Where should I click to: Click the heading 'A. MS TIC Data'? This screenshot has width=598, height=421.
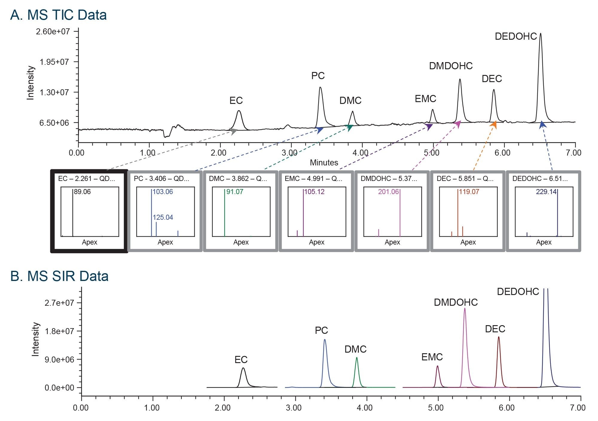tap(58, 15)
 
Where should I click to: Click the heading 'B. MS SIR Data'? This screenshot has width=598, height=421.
tap(59, 276)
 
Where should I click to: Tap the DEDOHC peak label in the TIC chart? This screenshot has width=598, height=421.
tap(516, 36)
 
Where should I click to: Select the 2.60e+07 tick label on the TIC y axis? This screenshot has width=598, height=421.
tap(53, 31)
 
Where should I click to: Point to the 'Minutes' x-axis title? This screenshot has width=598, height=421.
tap(324, 163)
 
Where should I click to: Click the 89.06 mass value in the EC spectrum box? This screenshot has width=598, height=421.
tap(82, 192)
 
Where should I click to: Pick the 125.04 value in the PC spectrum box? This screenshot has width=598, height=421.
tap(163, 217)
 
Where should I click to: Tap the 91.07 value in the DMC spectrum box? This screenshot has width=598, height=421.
tap(235, 192)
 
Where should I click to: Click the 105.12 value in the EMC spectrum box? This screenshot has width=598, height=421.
tap(314, 192)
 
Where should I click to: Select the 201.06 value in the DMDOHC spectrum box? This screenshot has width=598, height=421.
tap(388, 192)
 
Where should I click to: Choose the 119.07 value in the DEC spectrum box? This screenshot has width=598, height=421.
tap(469, 192)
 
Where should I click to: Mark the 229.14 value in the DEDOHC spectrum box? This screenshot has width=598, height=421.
tap(546, 192)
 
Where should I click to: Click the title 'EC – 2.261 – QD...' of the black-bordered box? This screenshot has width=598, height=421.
tap(86, 179)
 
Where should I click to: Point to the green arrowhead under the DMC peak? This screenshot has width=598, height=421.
tap(350, 128)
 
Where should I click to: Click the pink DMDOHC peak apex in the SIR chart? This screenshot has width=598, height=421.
tap(465, 309)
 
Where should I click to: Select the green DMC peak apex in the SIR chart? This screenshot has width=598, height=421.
tap(357, 358)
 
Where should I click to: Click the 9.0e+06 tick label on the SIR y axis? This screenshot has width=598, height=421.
tap(59, 359)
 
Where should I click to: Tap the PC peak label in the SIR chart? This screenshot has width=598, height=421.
tap(321, 331)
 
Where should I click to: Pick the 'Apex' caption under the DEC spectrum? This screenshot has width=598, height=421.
tap(468, 242)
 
